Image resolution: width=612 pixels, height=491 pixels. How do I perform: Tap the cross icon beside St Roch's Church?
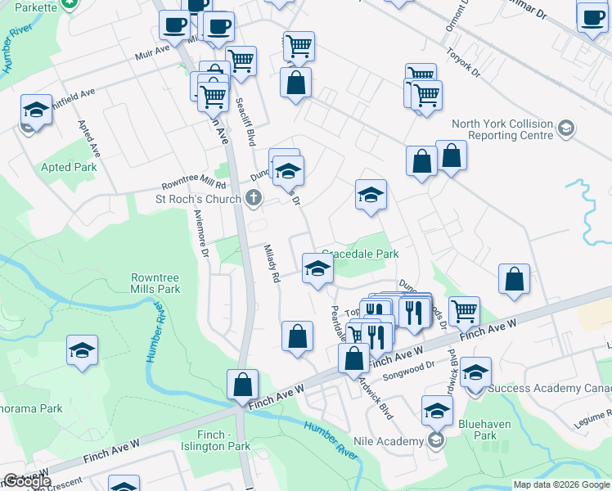254,198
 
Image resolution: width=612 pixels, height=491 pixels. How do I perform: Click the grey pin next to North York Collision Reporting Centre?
565,128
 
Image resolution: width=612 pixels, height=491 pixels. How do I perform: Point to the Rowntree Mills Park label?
155,283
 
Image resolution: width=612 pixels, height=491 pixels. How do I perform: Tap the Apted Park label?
69,167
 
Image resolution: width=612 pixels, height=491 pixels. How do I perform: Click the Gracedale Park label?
360,254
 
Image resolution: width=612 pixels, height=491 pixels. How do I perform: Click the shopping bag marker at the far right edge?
515,279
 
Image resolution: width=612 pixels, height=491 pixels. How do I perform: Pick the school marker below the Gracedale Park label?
317,267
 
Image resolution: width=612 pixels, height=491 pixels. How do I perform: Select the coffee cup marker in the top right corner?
592,17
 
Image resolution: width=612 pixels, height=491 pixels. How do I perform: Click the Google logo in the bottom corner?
27,481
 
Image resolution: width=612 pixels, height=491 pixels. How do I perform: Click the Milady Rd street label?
272,264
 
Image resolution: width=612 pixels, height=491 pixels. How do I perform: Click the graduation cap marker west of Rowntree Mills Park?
83,350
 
